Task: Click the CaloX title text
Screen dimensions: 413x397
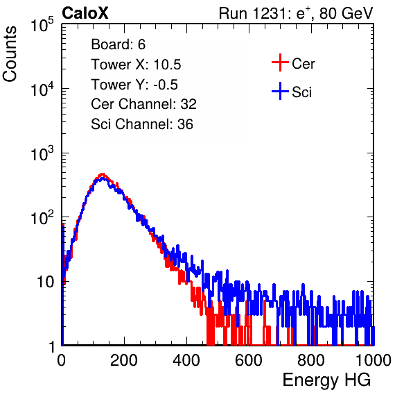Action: (x=85, y=13)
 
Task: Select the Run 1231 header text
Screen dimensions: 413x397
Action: (x=296, y=13)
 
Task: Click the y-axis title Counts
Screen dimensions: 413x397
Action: (x=10, y=54)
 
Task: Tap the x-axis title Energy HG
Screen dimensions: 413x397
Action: (x=326, y=380)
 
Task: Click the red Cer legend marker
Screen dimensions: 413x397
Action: (x=280, y=62)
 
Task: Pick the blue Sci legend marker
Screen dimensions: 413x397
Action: (x=280, y=91)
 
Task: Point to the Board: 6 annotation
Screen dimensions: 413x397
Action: (x=118, y=44)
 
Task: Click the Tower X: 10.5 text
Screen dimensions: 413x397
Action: (x=136, y=65)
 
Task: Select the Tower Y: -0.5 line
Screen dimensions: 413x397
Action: (x=134, y=85)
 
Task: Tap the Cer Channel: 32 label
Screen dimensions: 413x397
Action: (x=144, y=104)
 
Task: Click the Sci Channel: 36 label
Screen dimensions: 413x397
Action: (x=142, y=124)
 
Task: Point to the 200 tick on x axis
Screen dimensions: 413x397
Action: (x=124, y=360)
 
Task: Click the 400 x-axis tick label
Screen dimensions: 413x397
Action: (x=186, y=360)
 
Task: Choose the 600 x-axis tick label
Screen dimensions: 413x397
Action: (x=249, y=360)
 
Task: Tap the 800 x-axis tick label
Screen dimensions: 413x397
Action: (x=311, y=360)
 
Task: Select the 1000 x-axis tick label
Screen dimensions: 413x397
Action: (x=374, y=360)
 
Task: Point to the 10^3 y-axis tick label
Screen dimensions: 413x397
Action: (x=42, y=153)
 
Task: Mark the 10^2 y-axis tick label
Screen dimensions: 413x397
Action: (x=42, y=218)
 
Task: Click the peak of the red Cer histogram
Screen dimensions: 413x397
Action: (x=103, y=174)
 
